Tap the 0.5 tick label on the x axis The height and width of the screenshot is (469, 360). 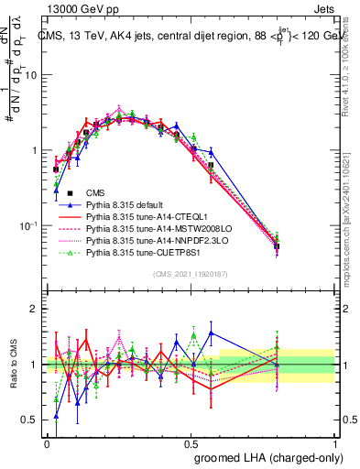(191, 442)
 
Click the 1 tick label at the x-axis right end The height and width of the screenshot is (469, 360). (335, 442)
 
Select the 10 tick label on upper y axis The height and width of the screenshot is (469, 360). (31, 75)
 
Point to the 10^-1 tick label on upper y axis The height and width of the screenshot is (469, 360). (29, 225)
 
